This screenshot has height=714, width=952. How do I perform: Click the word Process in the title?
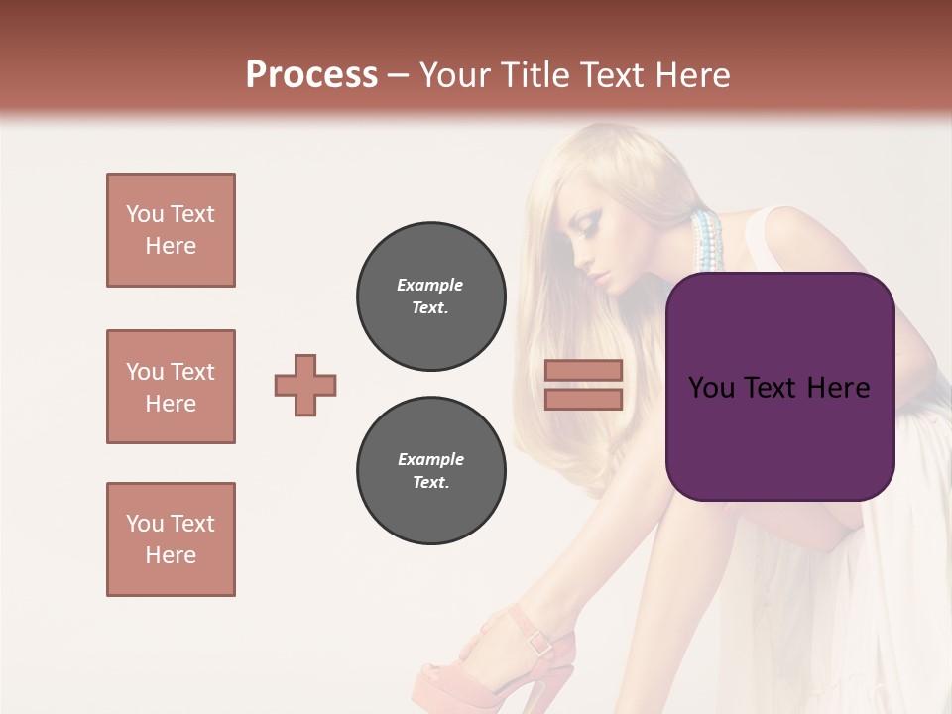[311, 75]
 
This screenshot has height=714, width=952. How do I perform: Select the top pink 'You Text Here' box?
[171, 230]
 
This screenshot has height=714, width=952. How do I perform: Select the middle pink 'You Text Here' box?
[171, 387]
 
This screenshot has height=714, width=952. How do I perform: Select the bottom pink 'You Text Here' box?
[171, 539]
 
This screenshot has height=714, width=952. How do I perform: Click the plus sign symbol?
[305, 385]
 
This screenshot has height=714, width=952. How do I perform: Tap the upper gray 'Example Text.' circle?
[430, 297]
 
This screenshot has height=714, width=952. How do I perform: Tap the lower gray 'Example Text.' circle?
[430, 471]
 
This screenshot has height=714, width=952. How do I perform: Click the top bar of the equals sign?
[584, 370]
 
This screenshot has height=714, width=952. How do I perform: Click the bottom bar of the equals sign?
[584, 399]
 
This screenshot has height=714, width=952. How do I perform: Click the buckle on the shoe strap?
[540, 642]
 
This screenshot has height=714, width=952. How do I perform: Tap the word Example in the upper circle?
[430, 285]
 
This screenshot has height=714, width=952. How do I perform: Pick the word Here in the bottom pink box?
[171, 555]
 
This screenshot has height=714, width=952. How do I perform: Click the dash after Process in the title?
[399, 75]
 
